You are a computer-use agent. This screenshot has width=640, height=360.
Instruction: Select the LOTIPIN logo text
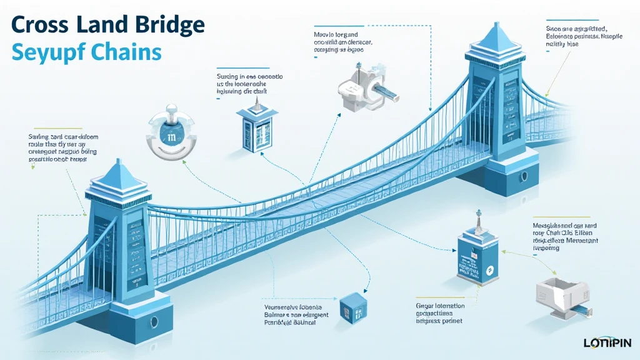(607, 342)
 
